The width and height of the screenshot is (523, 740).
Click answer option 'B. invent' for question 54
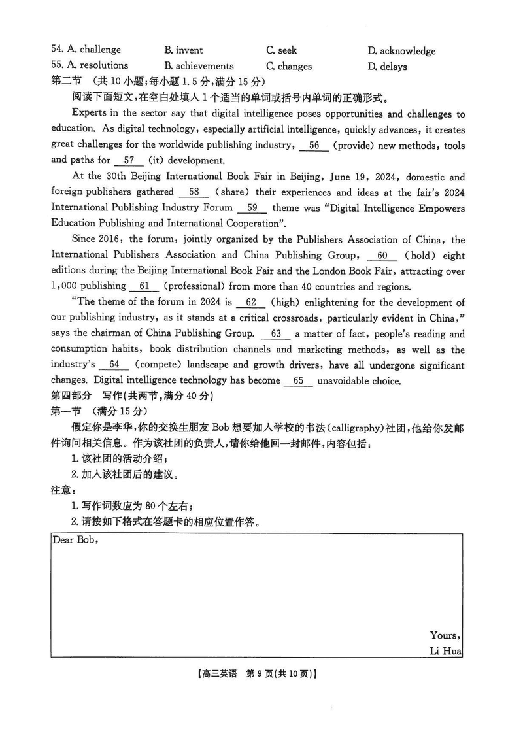coord(184,50)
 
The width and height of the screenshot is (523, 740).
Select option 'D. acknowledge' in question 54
coord(401,50)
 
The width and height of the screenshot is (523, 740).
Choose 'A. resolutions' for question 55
coord(90,65)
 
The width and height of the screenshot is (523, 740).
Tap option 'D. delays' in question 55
coord(387,66)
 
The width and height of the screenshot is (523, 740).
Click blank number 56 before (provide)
coord(314,146)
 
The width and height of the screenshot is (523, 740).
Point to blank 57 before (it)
coord(128,160)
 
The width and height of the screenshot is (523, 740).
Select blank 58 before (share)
coord(194,192)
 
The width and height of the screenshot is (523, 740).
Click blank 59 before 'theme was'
coord(252,208)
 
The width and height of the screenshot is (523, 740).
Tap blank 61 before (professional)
coord(144,286)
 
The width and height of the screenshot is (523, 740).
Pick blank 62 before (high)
coord(250,303)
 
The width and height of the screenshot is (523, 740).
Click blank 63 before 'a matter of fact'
coord(275,334)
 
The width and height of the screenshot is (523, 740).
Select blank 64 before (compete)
coord(114,365)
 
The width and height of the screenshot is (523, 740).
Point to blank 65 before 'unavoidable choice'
coord(299,381)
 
